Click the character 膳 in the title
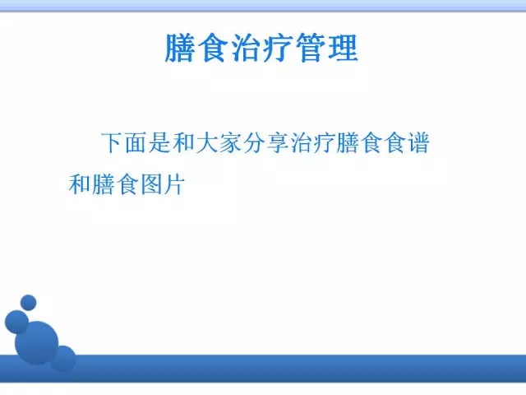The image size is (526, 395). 180,48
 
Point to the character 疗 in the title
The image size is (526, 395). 278,48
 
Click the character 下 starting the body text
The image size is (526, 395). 113,143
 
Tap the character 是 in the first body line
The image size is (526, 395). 160,143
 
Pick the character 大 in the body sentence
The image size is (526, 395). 207,143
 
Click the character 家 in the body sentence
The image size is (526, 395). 230,143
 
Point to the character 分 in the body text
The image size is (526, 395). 254,143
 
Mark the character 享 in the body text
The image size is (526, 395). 278,143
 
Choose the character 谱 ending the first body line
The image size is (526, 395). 418,143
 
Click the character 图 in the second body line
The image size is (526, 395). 150,184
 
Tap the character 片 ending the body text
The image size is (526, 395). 174,184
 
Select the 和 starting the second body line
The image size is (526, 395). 80,184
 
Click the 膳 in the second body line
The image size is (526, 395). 103,184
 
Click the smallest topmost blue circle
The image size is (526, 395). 29,303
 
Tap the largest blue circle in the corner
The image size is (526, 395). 36,343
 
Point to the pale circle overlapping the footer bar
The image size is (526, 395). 63,359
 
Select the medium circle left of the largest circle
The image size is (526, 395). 16,322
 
